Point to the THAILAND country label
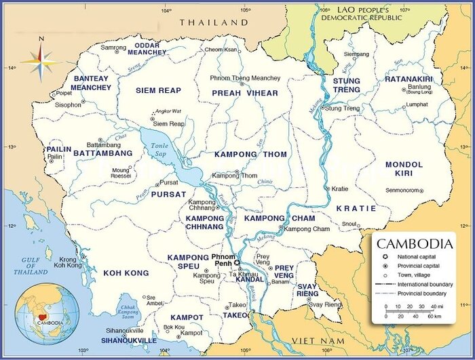214,22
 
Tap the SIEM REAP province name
158,91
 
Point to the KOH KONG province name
126,273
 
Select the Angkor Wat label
168,111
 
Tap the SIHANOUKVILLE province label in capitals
129,340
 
